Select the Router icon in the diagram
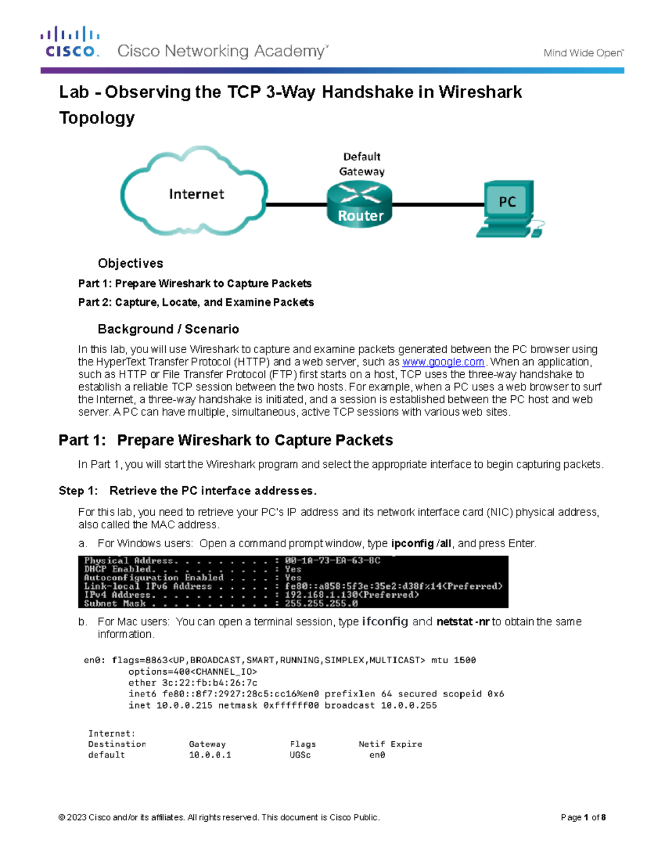point(360,205)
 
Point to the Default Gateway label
point(362,164)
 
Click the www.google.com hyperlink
point(443,362)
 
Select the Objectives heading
point(130,263)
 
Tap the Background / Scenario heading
point(168,329)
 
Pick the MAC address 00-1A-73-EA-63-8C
point(332,561)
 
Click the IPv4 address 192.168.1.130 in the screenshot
point(322,595)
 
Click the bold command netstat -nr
point(463,622)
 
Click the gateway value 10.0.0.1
point(210,755)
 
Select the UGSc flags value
point(300,755)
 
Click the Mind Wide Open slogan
point(583,53)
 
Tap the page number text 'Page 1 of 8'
point(583,817)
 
